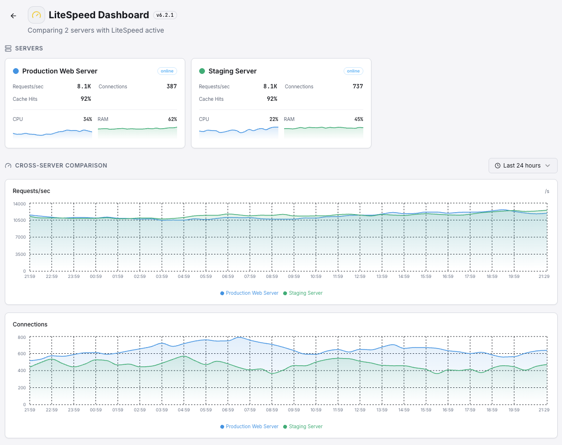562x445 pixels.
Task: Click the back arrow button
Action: pos(13,15)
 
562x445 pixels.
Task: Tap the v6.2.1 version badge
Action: pos(165,15)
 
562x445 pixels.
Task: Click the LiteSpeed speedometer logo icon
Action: pos(36,15)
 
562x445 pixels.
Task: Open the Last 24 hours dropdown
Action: pos(523,166)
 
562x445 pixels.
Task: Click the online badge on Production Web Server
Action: pos(167,71)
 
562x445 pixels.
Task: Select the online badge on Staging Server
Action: pos(353,71)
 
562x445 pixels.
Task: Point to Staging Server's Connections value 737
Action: pos(358,86)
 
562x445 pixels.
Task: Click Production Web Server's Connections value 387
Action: pos(171,86)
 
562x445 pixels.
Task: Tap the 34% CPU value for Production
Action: pos(87,119)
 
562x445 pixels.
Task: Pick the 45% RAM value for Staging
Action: pos(359,119)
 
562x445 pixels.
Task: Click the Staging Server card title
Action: pos(232,71)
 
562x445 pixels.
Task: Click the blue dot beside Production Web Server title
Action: pos(16,71)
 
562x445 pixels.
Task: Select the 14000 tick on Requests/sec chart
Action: pos(19,204)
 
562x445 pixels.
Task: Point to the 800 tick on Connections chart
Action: pos(22,337)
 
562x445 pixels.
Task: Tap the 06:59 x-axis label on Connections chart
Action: pos(228,410)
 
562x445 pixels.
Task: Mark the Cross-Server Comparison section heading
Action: pos(61,166)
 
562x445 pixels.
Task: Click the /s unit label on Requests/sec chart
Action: pos(547,191)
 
